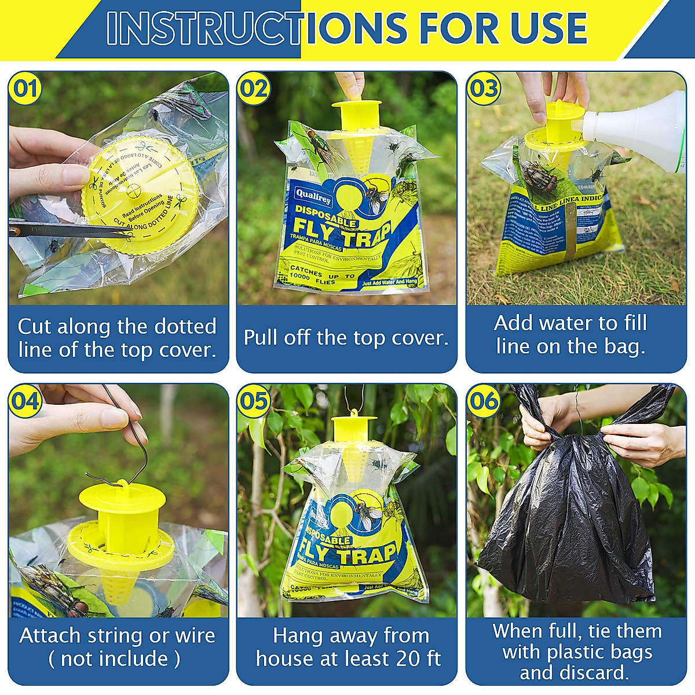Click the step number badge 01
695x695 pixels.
25,89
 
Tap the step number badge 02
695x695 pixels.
254,89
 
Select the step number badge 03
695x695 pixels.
484,89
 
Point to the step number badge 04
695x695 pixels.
25,401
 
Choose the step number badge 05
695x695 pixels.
254,401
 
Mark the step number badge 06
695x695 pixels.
484,401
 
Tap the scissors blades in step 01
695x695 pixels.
69,229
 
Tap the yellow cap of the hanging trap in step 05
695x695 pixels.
353,426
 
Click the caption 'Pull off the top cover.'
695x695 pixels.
346,338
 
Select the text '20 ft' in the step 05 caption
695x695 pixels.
418,659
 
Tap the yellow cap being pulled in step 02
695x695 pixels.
356,113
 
